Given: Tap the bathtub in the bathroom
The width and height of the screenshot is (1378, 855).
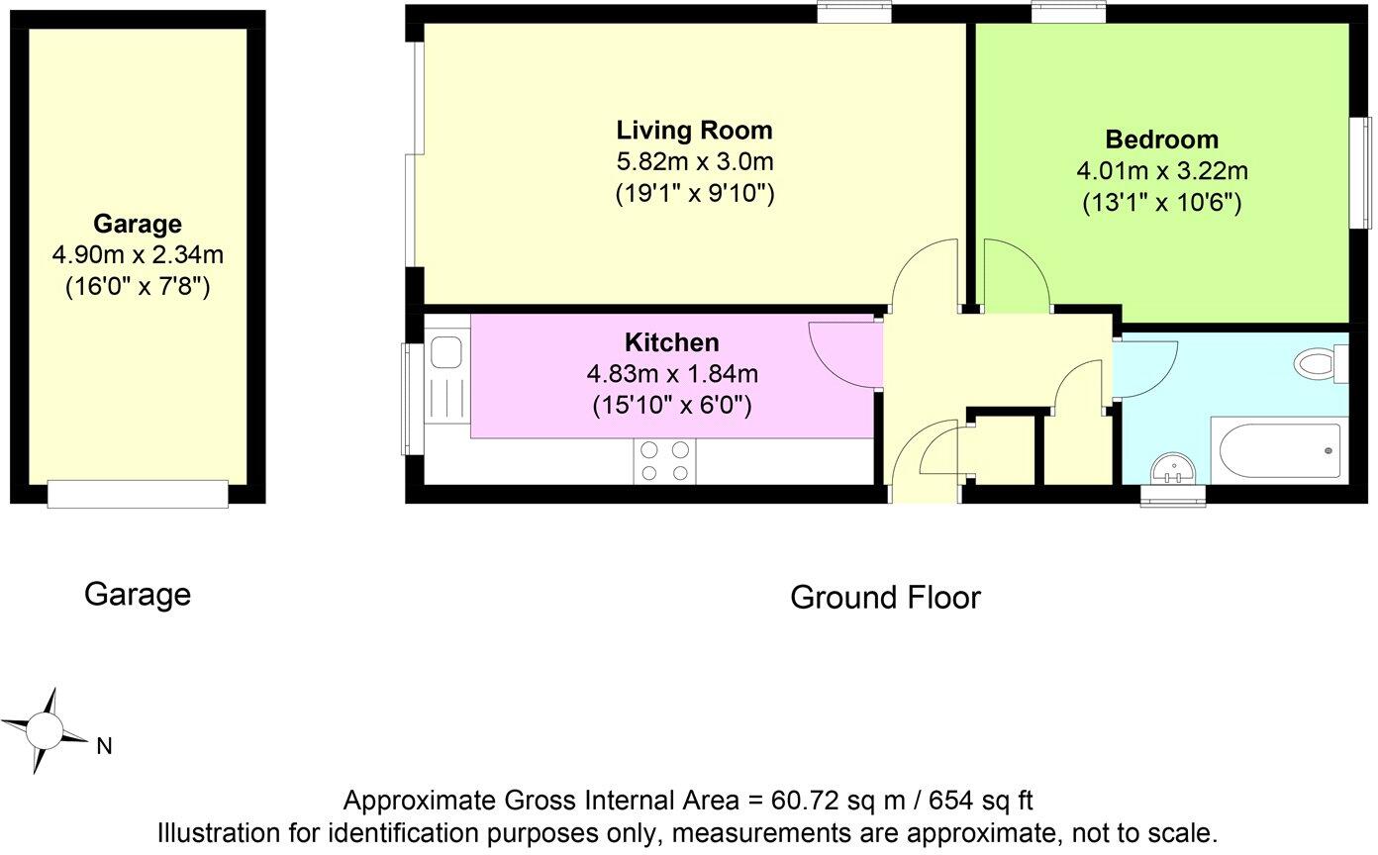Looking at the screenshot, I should click(1280, 452).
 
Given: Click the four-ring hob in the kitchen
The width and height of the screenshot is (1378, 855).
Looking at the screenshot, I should click(665, 461).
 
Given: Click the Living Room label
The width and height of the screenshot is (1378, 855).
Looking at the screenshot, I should click(694, 130).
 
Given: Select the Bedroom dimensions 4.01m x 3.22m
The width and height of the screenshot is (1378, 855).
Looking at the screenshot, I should click(1161, 171).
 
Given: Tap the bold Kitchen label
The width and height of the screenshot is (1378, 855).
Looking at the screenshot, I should click(671, 342).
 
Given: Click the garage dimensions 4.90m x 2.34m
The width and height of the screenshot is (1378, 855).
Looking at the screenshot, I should click(138, 255).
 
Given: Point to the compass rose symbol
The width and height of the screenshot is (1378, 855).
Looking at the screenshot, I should click(45, 731).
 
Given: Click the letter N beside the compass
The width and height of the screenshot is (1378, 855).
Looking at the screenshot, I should click(103, 747).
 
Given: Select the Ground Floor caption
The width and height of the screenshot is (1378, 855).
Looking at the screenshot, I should click(884, 598).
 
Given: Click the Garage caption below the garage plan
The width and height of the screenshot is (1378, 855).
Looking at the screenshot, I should click(137, 594).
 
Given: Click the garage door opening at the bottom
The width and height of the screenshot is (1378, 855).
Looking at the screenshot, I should click(138, 493).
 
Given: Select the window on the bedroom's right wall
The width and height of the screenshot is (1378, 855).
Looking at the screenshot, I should click(1364, 173).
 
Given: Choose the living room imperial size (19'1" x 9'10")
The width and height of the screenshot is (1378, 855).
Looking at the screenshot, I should click(694, 193).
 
